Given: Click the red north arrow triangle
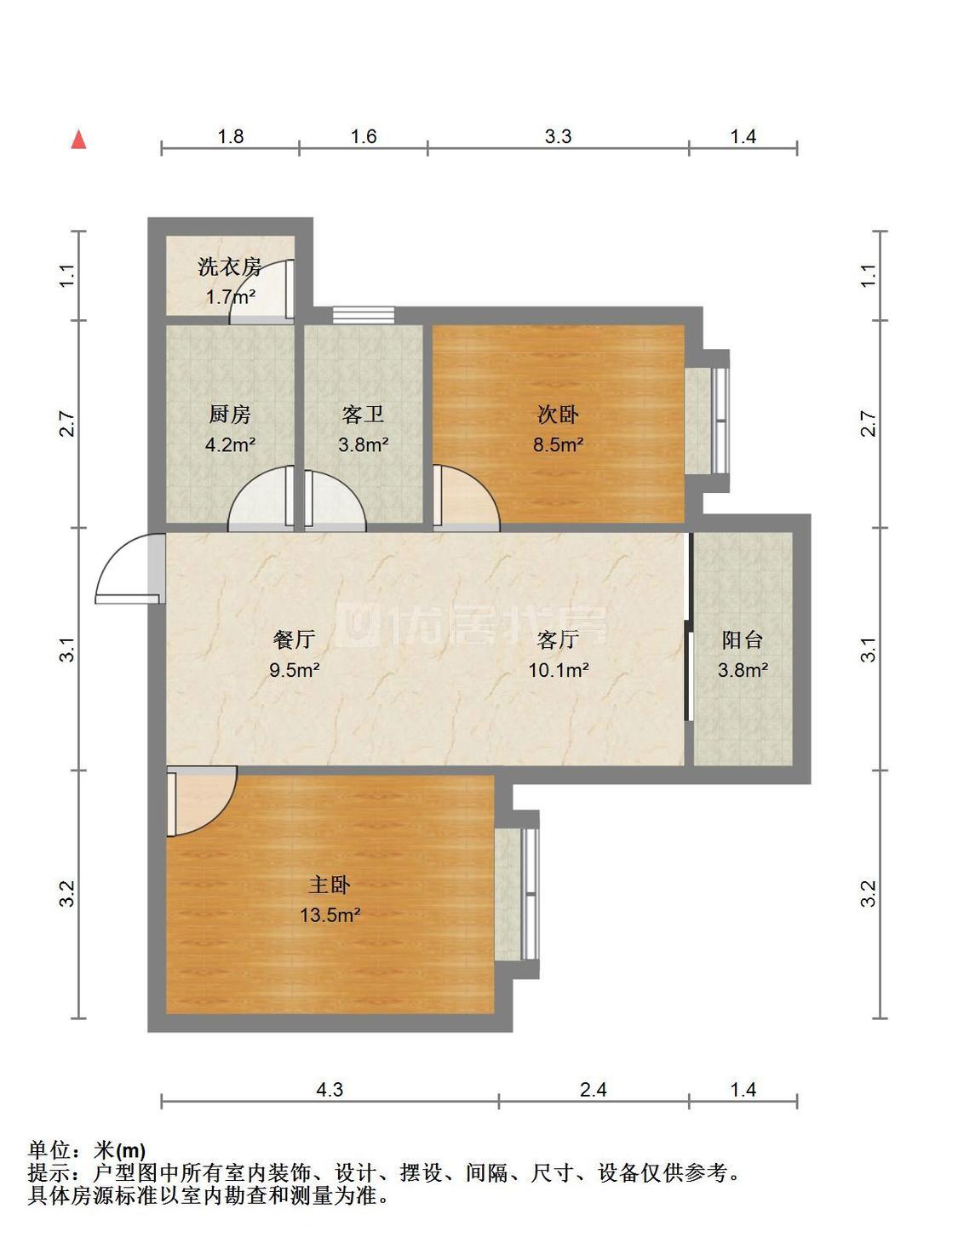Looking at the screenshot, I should (78, 140).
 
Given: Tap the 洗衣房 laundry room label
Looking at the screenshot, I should (230, 267).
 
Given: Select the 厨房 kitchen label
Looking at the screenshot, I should (230, 415).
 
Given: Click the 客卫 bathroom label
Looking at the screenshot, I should (363, 415).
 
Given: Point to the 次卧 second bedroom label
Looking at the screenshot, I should (558, 415).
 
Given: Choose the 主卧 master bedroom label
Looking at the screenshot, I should (330, 885).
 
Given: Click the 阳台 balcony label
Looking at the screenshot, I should (743, 640).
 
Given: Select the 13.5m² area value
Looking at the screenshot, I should (330, 916).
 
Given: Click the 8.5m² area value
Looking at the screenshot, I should (558, 444).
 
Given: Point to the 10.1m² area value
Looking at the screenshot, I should (558, 670).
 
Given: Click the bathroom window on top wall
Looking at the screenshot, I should (364, 315).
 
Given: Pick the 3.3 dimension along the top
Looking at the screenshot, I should (558, 136).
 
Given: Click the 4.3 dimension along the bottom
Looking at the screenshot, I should (330, 1089).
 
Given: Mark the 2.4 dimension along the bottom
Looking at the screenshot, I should (593, 1089).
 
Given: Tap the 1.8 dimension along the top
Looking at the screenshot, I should (231, 136).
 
